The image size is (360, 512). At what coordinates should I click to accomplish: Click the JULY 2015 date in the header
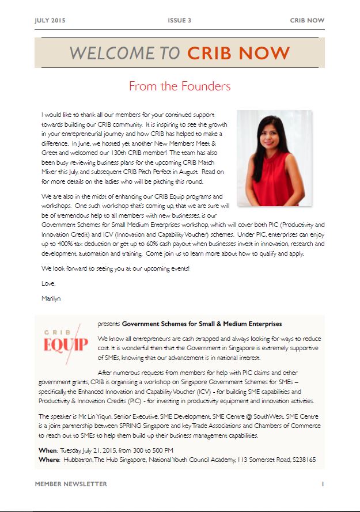coord(50,20)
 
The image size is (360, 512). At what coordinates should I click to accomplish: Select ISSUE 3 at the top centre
coord(179,20)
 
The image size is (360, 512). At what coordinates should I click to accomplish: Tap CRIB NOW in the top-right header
coord(307,20)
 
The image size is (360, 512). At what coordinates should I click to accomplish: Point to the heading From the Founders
coord(180,86)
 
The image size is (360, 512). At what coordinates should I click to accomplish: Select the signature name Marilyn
coord(51,298)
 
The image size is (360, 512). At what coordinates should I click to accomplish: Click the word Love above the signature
coord(48,283)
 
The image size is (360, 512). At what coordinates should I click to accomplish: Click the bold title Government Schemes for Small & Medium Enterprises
coord(202,324)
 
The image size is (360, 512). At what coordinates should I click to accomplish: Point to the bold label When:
coord(48,449)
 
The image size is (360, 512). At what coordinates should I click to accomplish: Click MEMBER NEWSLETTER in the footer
coord(71,484)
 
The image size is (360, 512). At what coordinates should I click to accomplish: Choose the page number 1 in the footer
coord(323,484)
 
